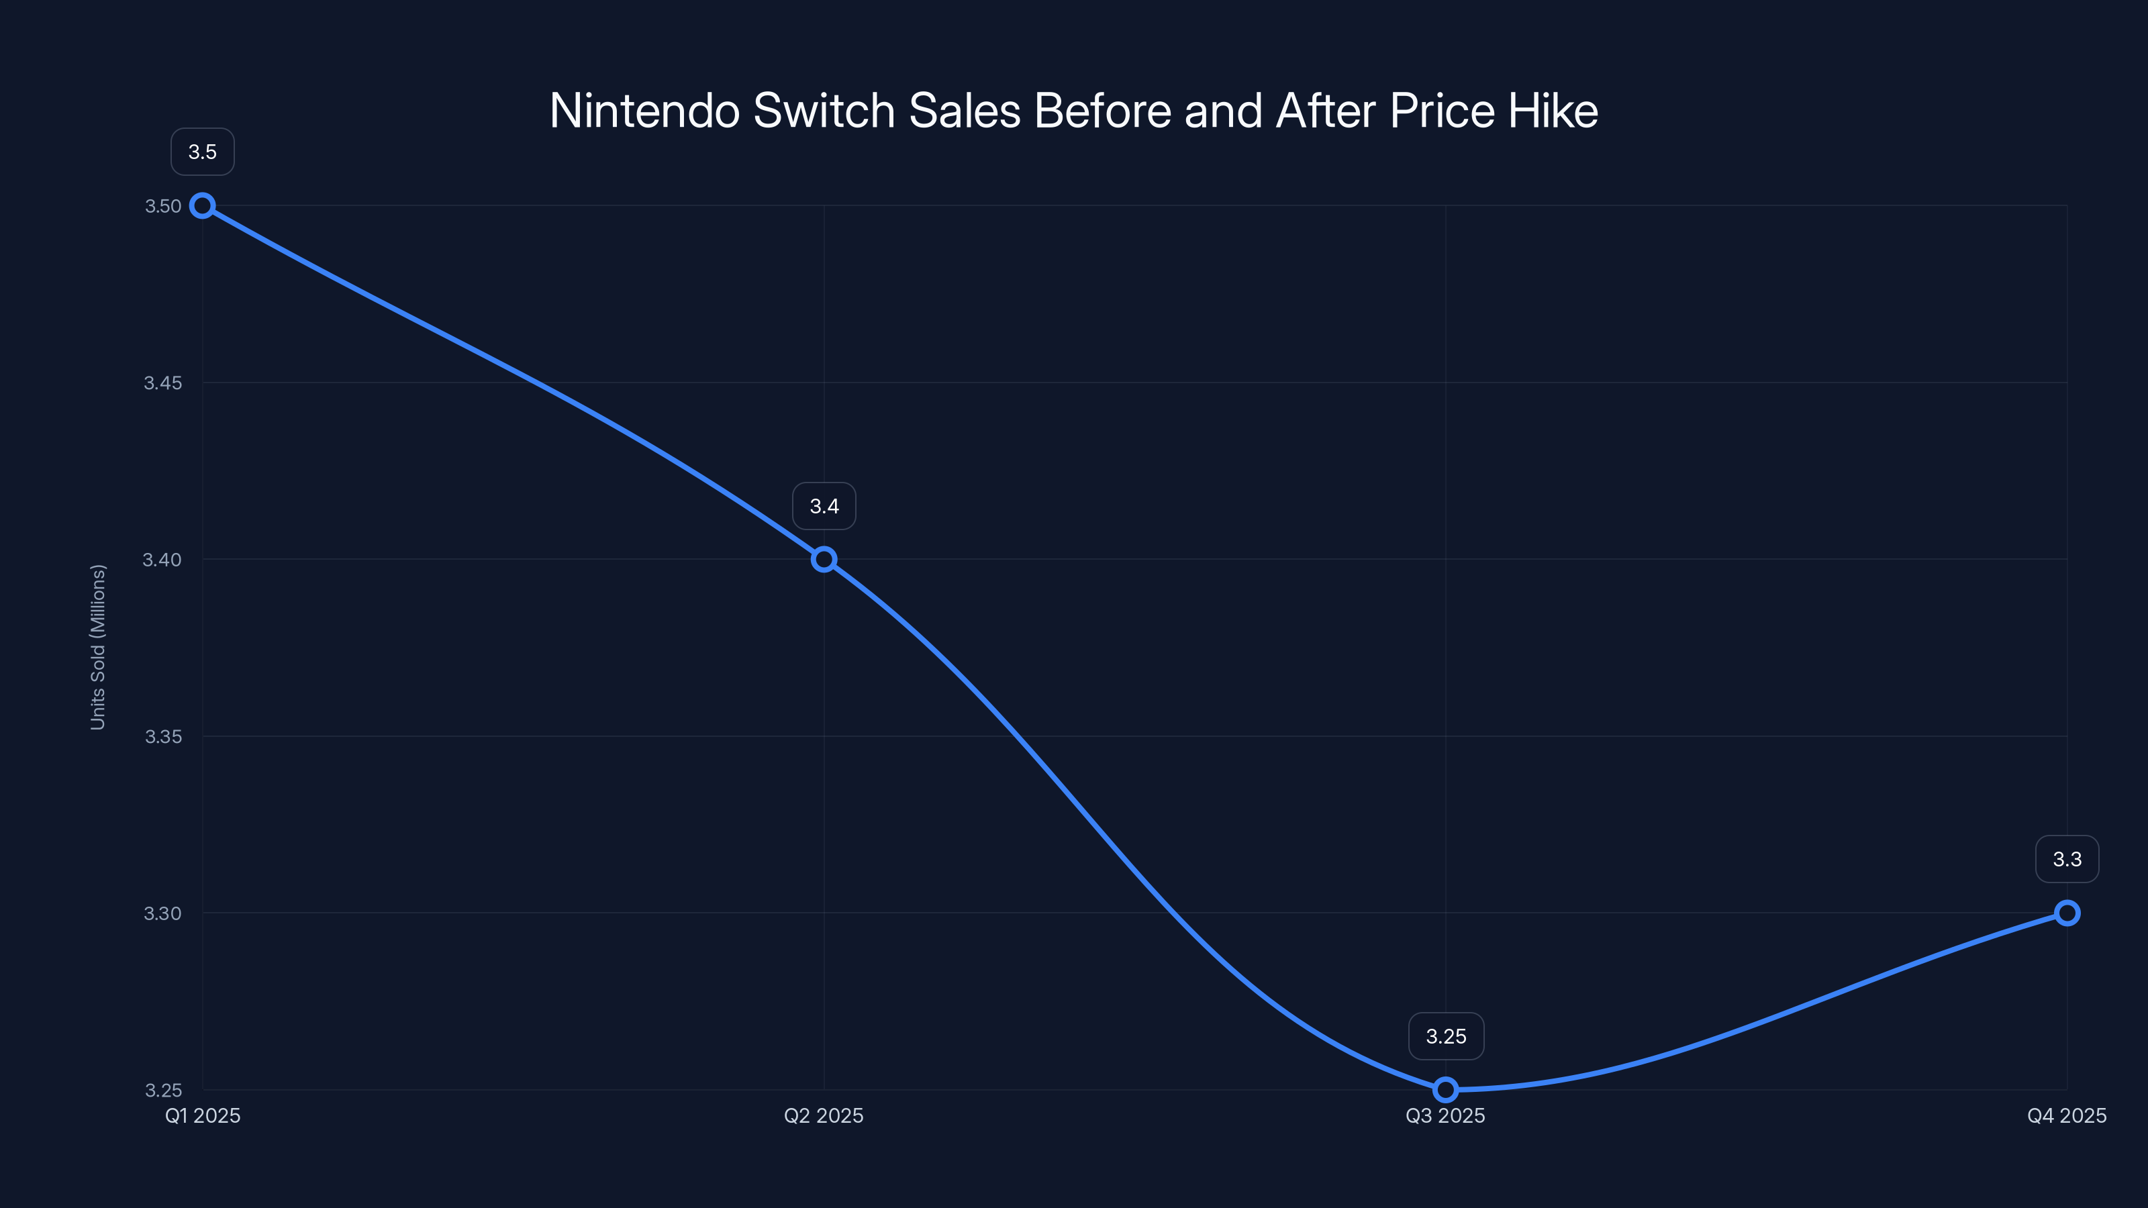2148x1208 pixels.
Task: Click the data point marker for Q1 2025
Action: pos(203,205)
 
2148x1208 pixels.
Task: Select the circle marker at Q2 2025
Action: pos(824,560)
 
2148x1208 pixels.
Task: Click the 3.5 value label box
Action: pos(203,152)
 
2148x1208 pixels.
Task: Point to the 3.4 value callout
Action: pos(824,506)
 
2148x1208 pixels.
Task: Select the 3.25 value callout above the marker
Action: pos(1445,1036)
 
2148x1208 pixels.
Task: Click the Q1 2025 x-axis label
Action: pos(203,1115)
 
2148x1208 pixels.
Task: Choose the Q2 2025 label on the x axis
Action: pos(824,1115)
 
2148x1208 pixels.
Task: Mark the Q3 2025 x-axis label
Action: pos(1445,1115)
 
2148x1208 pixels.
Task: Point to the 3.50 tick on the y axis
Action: pos(162,206)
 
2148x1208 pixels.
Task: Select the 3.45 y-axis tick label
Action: pos(162,383)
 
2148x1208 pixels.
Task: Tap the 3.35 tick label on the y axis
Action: pos(162,736)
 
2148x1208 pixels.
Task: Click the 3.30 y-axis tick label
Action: pos(162,913)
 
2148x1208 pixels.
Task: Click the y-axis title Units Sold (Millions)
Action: pos(97,647)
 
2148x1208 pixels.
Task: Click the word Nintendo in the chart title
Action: pos(644,111)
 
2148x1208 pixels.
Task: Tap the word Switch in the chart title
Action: pos(824,111)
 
